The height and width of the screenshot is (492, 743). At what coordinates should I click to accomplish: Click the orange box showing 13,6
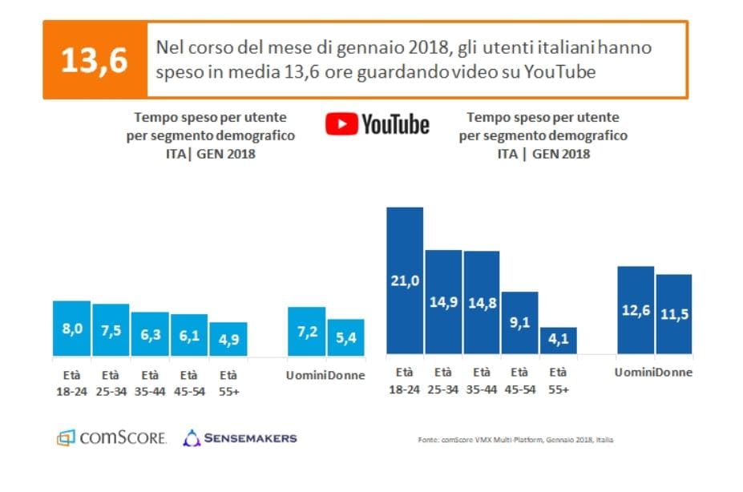tap(94, 60)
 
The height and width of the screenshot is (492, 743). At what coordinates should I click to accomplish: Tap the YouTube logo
tap(377, 124)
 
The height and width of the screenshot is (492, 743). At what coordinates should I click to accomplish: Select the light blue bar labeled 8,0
tap(71, 329)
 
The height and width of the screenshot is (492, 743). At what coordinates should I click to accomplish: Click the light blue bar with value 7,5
tap(111, 330)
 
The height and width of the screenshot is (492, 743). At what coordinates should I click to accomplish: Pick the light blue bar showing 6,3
tap(150, 334)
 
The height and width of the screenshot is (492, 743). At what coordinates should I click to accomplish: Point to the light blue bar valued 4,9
tap(228, 339)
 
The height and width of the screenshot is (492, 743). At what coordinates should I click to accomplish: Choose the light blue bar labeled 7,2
tap(306, 332)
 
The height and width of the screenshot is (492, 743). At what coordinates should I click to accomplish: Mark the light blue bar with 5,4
tap(345, 337)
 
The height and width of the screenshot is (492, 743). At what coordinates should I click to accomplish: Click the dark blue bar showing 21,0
tap(405, 280)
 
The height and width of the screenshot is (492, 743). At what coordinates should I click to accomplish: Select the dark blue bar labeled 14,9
tap(443, 302)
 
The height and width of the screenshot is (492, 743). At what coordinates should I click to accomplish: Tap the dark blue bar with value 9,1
tap(520, 323)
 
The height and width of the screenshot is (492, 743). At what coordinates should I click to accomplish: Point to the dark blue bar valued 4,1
tap(559, 341)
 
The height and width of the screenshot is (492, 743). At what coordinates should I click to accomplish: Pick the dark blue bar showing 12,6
tap(636, 310)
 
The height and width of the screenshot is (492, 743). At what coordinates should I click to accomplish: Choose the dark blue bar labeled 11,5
tap(674, 314)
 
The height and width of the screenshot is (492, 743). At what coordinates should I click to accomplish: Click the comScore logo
tap(111, 438)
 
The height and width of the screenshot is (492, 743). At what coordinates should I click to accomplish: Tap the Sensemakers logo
tap(240, 438)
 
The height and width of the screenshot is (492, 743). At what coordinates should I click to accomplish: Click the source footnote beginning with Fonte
tap(515, 440)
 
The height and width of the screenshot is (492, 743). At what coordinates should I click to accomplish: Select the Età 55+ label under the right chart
tap(559, 380)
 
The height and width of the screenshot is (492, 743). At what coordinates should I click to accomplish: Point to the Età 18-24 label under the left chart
tap(71, 381)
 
